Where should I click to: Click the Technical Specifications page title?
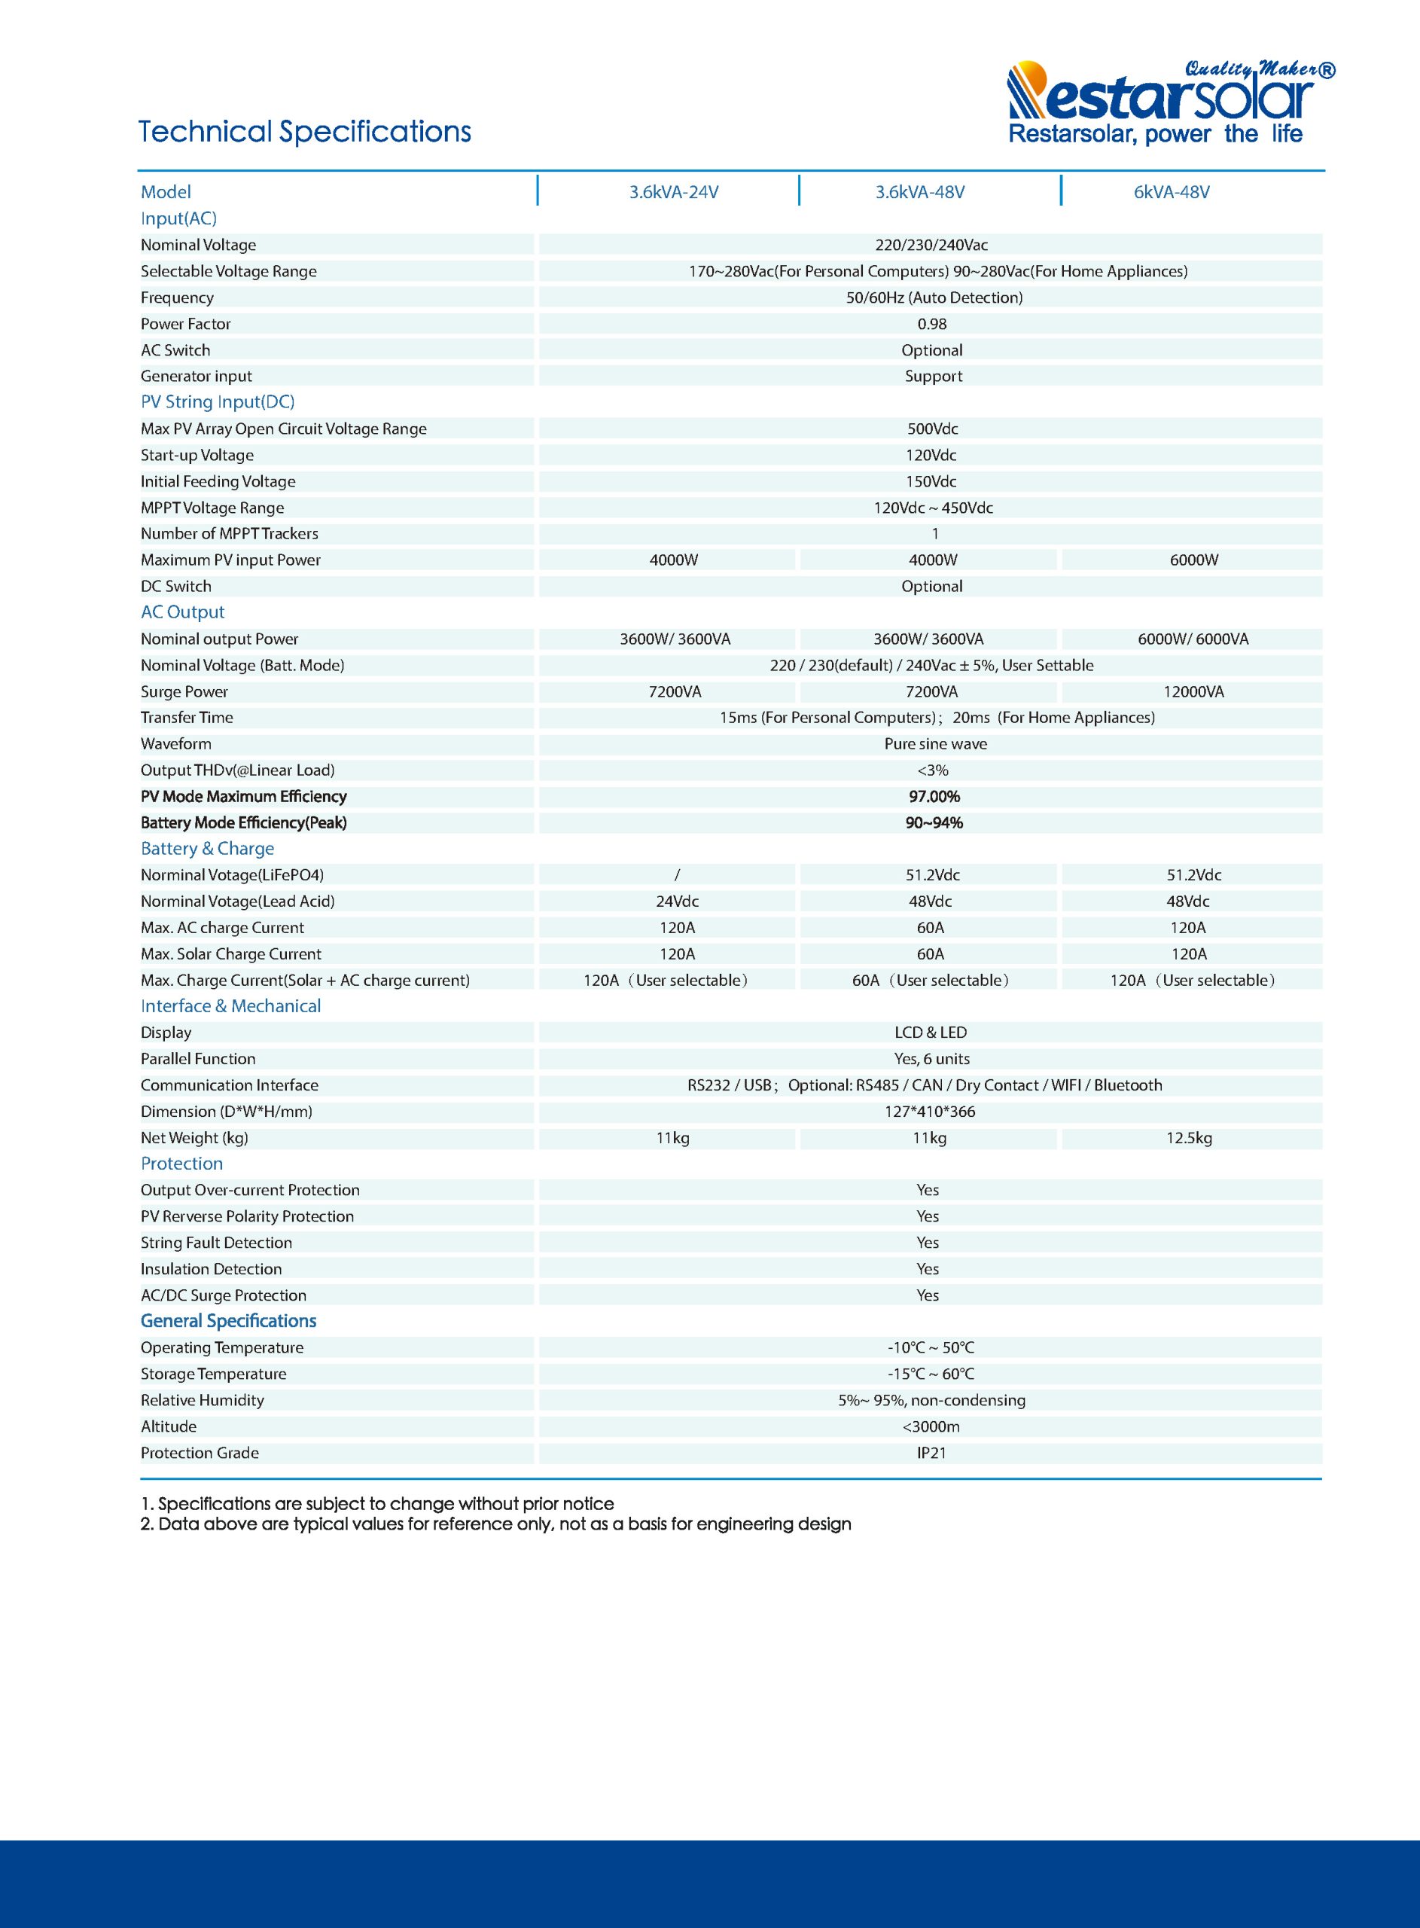[x=304, y=132]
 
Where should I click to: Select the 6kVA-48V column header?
[x=1171, y=192]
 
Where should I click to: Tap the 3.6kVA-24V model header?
[x=673, y=192]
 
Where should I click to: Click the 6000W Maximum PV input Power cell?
[x=1193, y=560]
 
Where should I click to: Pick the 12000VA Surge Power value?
[x=1193, y=691]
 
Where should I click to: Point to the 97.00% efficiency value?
[x=934, y=796]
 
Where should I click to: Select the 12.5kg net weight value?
[x=1189, y=1137]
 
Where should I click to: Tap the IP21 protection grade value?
[x=931, y=1452]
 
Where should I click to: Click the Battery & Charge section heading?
[x=207, y=848]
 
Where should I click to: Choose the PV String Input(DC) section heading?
[x=218, y=401]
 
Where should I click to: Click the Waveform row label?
[x=176, y=743]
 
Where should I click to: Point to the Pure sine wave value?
[x=935, y=743]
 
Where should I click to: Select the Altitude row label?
[x=169, y=1426]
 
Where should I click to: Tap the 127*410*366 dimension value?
[x=930, y=1112]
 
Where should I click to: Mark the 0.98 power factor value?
[x=932, y=324]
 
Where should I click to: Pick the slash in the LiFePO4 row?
[x=676, y=875]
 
